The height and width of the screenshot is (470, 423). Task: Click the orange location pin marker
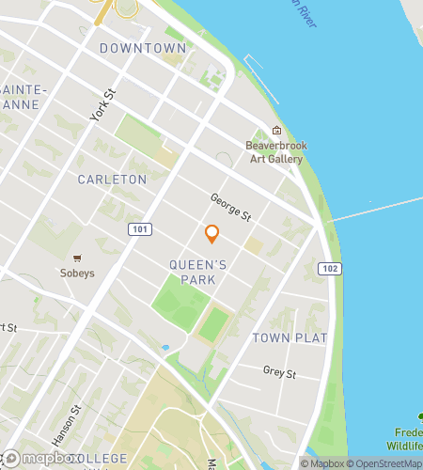(211, 234)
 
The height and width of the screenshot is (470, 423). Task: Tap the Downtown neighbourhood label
(142, 48)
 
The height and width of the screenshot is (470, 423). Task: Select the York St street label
(103, 105)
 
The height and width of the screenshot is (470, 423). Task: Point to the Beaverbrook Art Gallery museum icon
(276, 131)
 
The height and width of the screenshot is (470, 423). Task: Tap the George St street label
(230, 208)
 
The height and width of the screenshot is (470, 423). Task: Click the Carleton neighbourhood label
(112, 179)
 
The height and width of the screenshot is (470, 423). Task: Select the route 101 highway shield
(140, 228)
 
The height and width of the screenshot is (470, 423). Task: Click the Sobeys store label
(78, 274)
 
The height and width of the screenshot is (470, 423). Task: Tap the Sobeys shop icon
(78, 257)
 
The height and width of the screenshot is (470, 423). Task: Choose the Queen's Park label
(199, 272)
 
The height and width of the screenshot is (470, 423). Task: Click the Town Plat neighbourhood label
(290, 337)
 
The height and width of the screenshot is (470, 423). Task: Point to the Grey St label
(279, 373)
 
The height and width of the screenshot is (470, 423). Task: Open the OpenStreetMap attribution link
(385, 463)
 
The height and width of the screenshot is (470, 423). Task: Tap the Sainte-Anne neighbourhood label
(21, 96)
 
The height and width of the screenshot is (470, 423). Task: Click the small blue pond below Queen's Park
(165, 348)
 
